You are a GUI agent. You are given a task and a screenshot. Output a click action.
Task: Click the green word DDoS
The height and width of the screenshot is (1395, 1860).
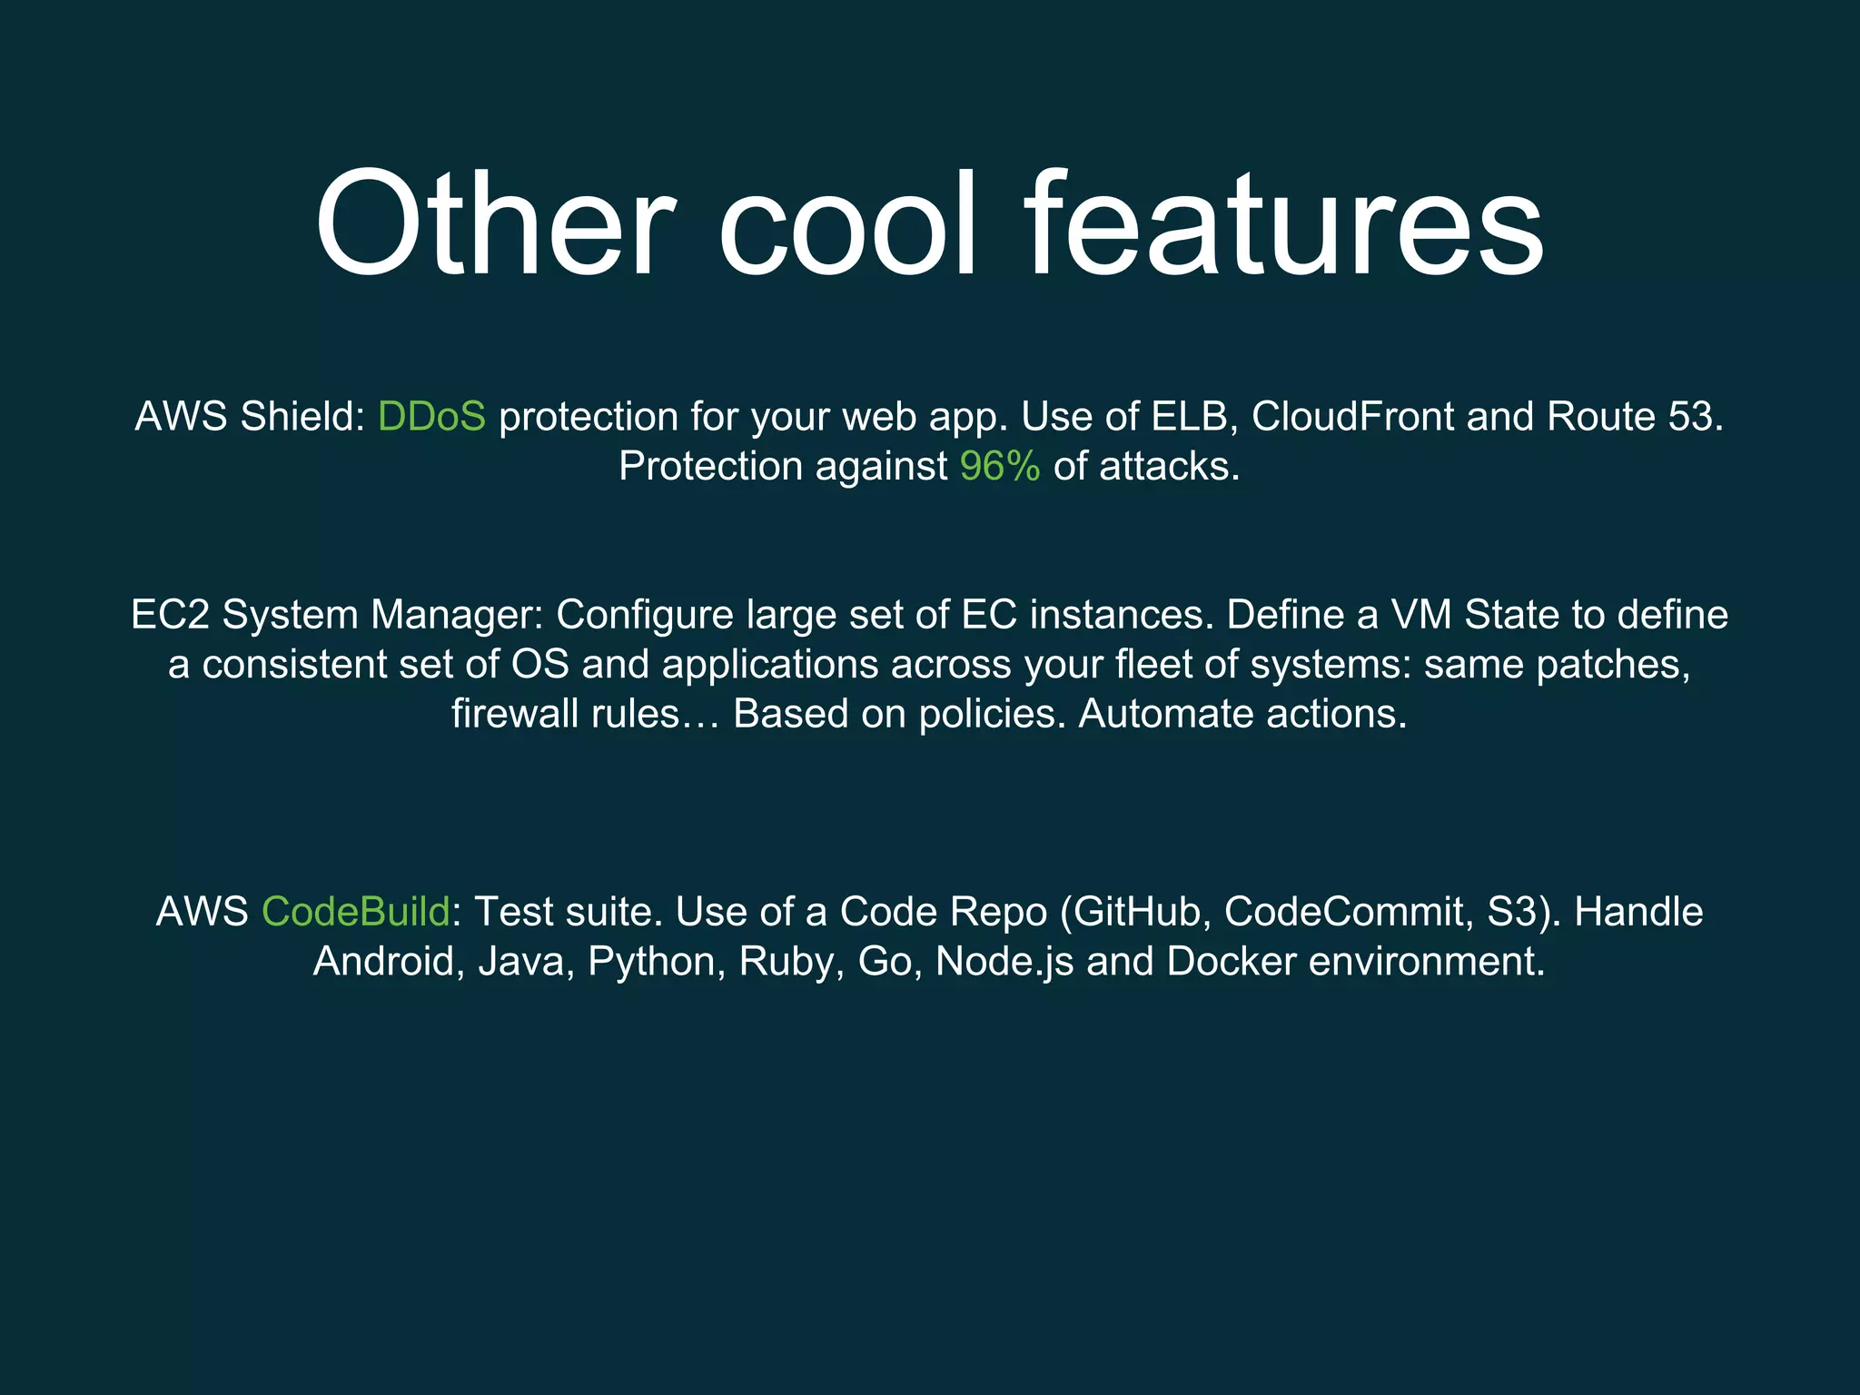coord(431,417)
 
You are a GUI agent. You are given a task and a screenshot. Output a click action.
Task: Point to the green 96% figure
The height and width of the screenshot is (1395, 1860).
coord(1000,467)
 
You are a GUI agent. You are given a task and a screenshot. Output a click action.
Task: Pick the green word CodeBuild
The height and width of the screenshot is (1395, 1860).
coord(355,912)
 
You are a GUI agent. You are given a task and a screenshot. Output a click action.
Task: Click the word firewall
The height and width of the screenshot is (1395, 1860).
coord(515,714)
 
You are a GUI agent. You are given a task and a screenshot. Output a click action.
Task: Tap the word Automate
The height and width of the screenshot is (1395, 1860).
coord(1165,714)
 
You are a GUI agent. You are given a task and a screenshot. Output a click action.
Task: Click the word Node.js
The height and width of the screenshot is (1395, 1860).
coord(1004,962)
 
